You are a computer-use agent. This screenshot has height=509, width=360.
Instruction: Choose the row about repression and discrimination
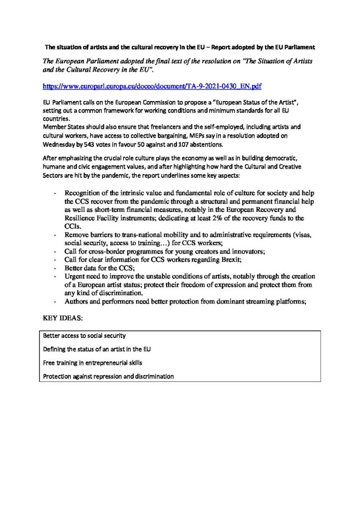click(108, 377)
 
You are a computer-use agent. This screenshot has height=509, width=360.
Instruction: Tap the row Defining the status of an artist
click(97, 349)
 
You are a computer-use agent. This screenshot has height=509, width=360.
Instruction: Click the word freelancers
click(158, 127)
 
